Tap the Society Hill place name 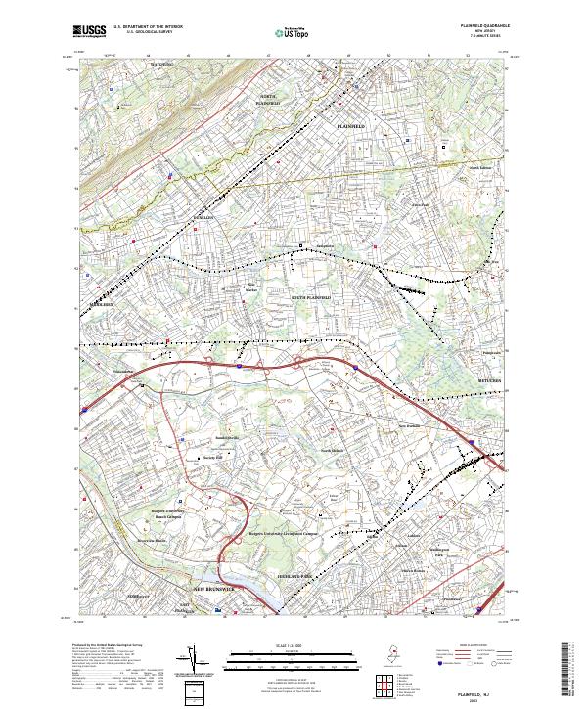tap(213, 456)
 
